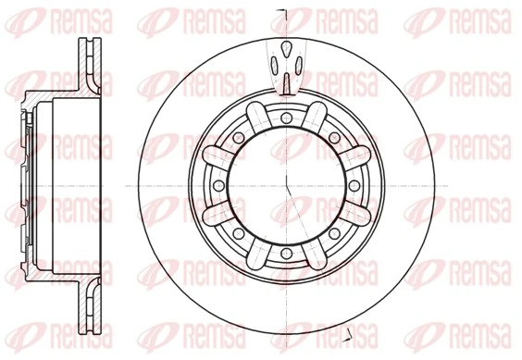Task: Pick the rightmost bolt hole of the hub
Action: pos(354,184)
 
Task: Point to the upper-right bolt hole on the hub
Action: pos(335,137)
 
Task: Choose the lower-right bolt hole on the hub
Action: pos(335,232)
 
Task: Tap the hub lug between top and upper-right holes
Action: pos(316,118)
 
